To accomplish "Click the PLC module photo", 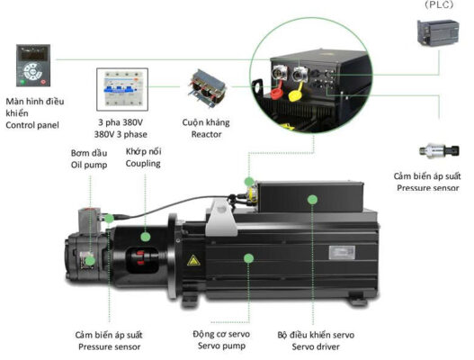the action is (438, 33).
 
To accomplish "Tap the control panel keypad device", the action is (33, 66).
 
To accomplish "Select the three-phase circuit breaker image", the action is (122, 89).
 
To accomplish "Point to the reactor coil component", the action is (207, 88).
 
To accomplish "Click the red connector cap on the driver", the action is (276, 93).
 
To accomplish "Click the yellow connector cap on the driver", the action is (295, 94).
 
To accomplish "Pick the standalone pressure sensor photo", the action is (439, 150).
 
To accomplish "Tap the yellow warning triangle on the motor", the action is (193, 260).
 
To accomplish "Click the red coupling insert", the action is (140, 257).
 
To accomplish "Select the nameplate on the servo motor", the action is (342, 253).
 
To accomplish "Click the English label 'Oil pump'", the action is (89, 165).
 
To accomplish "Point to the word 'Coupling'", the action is (143, 164).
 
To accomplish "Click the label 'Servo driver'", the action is (316, 346).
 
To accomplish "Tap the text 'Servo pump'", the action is (221, 346).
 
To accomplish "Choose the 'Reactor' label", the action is (207, 134).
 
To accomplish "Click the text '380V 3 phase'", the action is (121, 134).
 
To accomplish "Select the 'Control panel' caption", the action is (32, 125).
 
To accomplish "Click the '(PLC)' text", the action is (439, 4).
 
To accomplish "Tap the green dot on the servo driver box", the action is (312, 200).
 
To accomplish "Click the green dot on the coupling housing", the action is (146, 237).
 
